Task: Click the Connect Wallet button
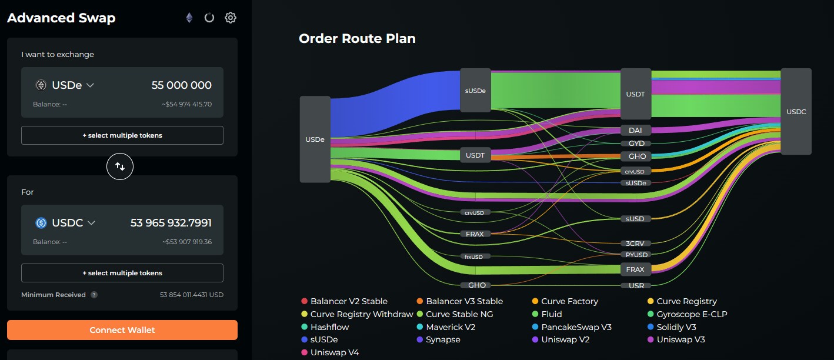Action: pos(122,330)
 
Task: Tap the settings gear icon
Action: pos(231,18)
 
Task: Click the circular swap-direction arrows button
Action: pos(120,166)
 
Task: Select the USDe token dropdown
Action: pos(65,85)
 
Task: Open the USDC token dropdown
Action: pos(65,223)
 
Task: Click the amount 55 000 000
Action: pos(181,85)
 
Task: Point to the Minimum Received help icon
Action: pos(94,295)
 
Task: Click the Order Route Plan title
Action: pos(357,39)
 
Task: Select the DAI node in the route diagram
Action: pos(635,130)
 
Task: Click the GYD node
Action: pos(636,144)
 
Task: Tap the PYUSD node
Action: pos(636,255)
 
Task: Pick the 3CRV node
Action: pos(636,243)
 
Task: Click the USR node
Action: pos(636,286)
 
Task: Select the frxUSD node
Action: pos(475,256)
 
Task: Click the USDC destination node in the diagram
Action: pos(796,111)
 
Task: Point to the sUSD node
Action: pos(635,219)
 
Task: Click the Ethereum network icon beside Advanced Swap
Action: pos(189,18)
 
